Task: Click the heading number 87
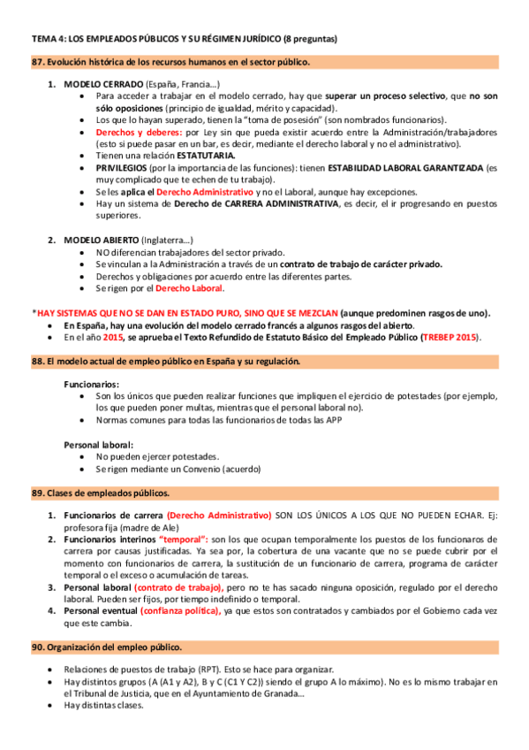(36, 62)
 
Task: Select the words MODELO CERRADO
(102, 83)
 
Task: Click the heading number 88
(36, 362)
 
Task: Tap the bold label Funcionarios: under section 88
(92, 385)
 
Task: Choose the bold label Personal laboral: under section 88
(99, 444)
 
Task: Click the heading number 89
(36, 492)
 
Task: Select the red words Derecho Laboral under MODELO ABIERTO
(189, 287)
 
